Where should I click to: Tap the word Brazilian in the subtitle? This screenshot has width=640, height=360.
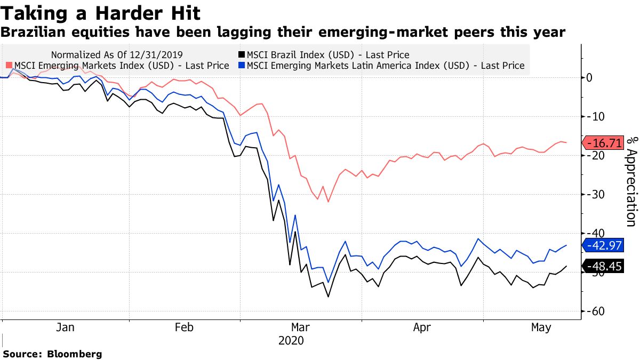pos(36,33)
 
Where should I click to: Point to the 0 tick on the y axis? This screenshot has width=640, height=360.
pos(589,78)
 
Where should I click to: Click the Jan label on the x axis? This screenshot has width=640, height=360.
pos(66,328)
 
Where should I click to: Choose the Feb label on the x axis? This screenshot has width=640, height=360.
pos(184,328)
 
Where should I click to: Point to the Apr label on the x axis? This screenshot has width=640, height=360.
pos(422,328)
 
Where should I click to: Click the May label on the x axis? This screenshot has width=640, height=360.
pos(541,328)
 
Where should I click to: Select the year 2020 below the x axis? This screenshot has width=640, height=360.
pos(291,341)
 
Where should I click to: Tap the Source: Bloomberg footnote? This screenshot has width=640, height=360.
pos(52,354)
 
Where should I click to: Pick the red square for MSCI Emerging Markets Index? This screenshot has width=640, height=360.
pos(9,66)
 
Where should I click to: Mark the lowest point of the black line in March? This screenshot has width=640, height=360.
pos(329,297)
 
